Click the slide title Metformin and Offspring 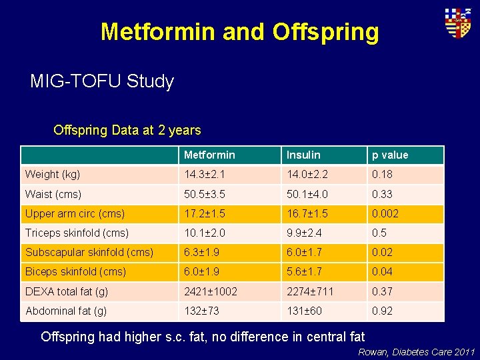point(239,31)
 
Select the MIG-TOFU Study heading point(102,82)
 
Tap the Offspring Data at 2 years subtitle point(127,130)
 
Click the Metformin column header point(209,155)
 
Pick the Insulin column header point(303,155)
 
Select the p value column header point(390,155)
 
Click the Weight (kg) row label point(53,175)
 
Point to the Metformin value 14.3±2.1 point(207,175)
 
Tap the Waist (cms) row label point(53,194)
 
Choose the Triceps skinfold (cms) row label point(77,233)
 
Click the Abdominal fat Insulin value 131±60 point(305,311)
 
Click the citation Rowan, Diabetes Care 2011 point(417,352)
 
